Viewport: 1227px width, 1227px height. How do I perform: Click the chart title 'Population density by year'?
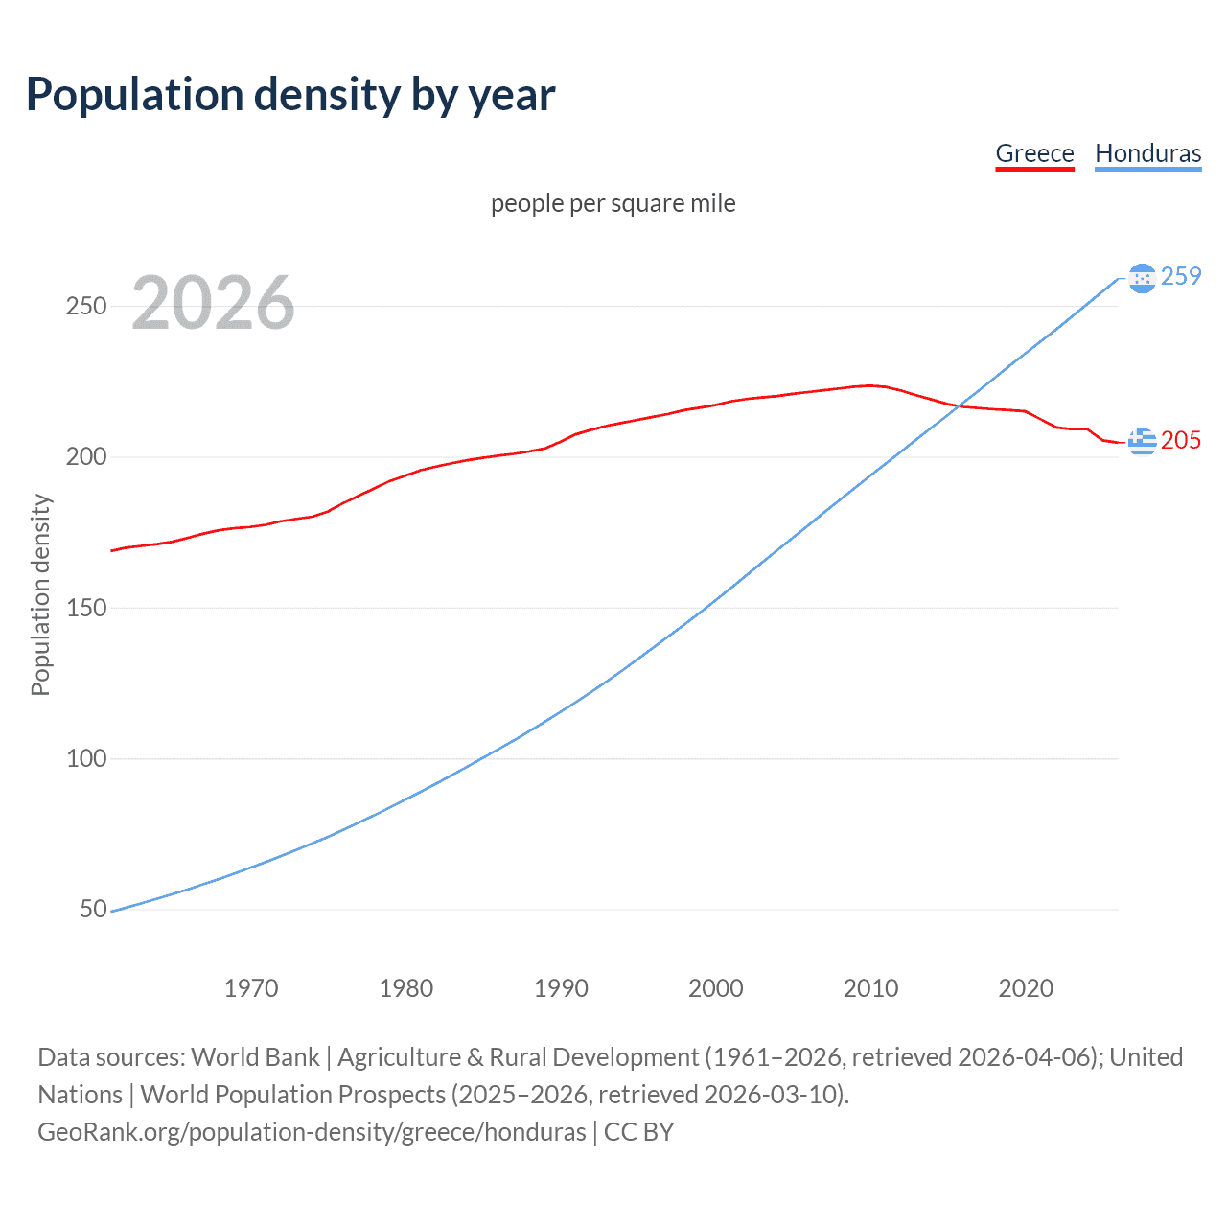point(290,95)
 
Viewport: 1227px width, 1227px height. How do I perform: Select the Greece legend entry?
point(1034,153)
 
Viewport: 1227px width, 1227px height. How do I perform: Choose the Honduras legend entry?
point(1147,153)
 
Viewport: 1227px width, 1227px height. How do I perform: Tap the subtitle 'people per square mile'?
point(613,204)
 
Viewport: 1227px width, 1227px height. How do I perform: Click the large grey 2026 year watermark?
point(213,303)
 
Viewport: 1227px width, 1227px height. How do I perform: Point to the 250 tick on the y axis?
point(85,307)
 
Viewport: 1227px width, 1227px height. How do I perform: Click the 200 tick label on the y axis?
point(85,457)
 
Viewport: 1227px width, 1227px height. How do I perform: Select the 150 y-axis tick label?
point(85,608)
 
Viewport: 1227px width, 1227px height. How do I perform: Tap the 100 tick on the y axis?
point(85,758)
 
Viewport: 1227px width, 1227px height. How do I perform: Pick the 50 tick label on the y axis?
point(92,909)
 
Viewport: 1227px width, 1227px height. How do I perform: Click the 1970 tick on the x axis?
point(251,988)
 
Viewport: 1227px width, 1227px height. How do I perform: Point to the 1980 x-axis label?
point(405,988)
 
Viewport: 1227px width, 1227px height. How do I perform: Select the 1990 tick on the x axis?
point(561,988)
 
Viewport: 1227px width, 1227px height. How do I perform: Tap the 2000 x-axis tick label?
point(716,988)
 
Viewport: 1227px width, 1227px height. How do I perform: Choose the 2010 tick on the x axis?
point(870,988)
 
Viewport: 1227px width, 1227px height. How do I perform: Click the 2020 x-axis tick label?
point(1026,988)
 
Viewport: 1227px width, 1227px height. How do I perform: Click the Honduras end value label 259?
point(1180,276)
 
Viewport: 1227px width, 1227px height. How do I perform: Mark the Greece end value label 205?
point(1180,440)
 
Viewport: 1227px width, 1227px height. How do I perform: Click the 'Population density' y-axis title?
point(40,594)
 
